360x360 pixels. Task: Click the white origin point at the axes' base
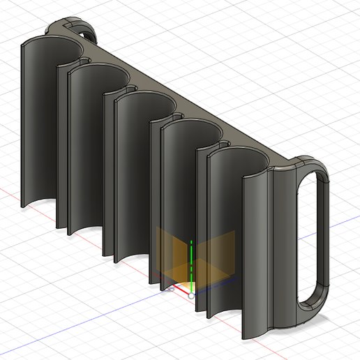coord(191,295)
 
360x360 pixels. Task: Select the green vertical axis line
coord(191,265)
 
